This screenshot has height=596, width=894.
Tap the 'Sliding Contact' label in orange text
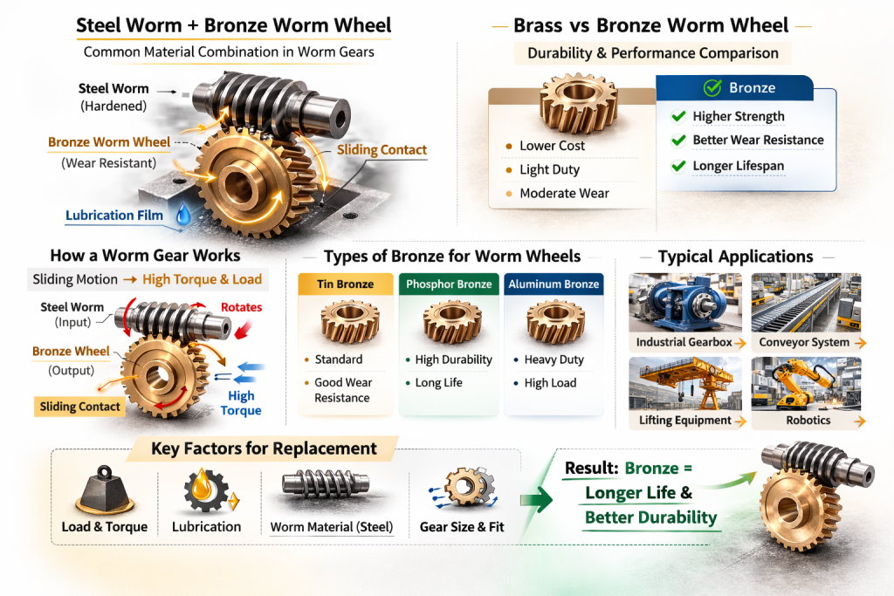382,150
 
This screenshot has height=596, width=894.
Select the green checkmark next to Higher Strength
677,117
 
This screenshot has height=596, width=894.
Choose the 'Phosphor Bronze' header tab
450,284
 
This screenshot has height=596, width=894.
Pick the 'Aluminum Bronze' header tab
554,284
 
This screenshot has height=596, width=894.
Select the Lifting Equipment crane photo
684,384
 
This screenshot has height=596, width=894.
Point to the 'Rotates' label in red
241,307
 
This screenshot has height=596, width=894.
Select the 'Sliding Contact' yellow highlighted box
79,406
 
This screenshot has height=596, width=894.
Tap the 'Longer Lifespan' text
738,165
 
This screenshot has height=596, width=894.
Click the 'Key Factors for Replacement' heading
264,449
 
